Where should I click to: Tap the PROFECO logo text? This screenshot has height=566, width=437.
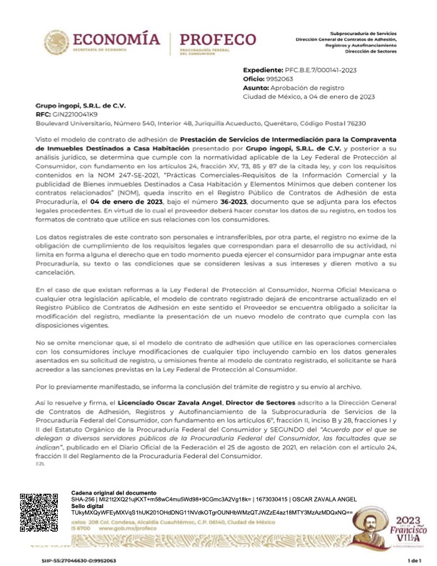[217, 39]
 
